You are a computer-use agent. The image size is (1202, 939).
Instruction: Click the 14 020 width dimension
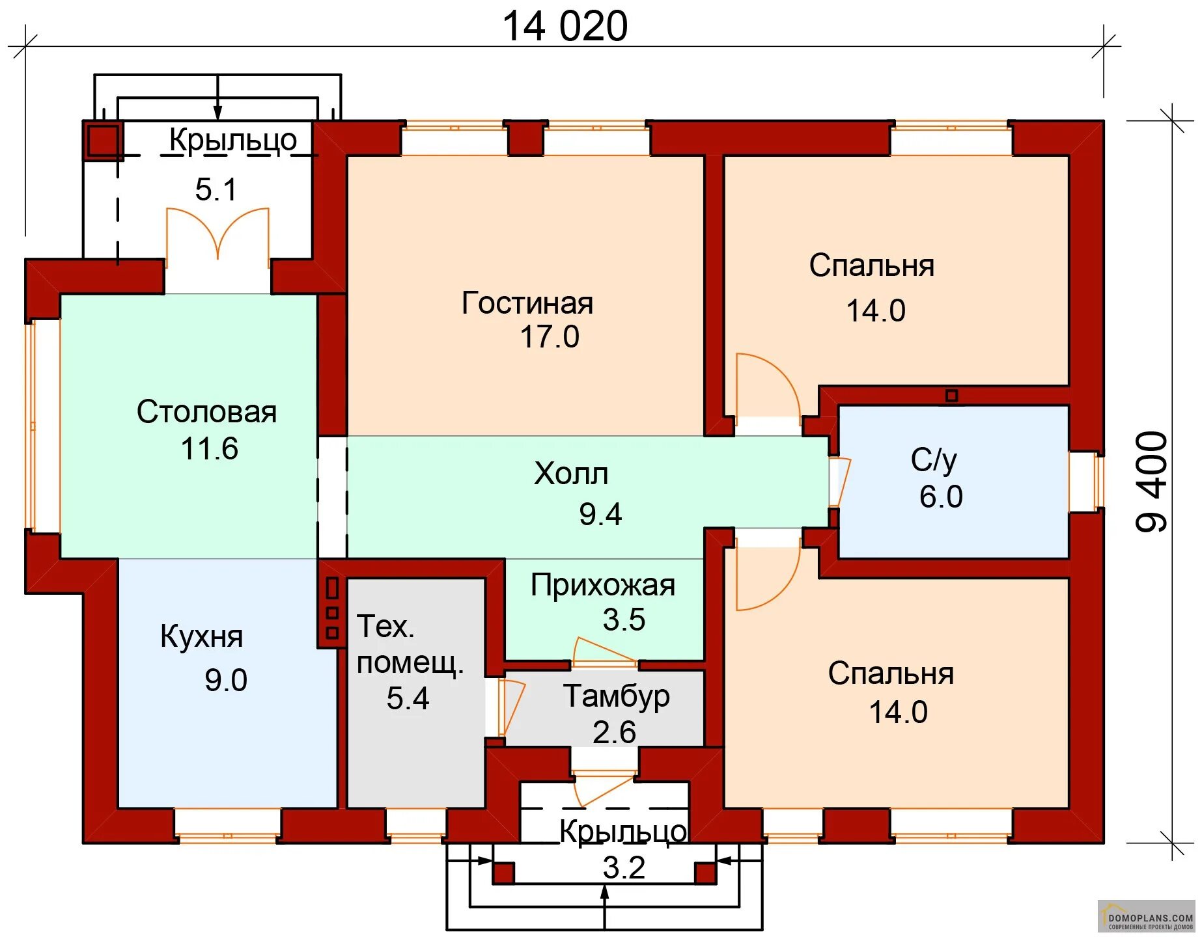click(x=565, y=27)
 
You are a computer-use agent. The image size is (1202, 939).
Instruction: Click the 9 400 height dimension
click(x=1152, y=482)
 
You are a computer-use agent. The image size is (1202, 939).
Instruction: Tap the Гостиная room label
click(x=527, y=303)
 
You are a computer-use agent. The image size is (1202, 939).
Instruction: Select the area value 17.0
click(x=549, y=337)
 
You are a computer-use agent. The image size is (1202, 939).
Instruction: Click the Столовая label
click(x=206, y=412)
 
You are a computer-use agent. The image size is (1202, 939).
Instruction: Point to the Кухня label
click(x=201, y=636)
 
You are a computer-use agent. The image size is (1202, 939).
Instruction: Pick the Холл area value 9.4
click(x=600, y=514)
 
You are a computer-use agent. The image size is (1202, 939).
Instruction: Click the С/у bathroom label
click(x=934, y=460)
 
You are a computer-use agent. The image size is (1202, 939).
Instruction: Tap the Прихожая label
click(x=602, y=586)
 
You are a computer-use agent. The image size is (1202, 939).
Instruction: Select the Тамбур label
click(x=616, y=696)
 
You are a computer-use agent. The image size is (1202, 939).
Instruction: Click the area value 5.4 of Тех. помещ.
click(x=408, y=698)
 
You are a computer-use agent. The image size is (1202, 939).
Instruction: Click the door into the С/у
click(x=839, y=482)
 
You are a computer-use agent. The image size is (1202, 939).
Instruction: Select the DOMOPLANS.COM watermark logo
click(x=1147, y=917)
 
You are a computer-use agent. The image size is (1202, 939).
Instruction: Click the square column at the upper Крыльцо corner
click(x=103, y=141)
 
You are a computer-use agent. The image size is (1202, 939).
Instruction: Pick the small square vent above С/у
click(x=951, y=396)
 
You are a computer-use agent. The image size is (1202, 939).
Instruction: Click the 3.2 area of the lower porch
click(x=624, y=867)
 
